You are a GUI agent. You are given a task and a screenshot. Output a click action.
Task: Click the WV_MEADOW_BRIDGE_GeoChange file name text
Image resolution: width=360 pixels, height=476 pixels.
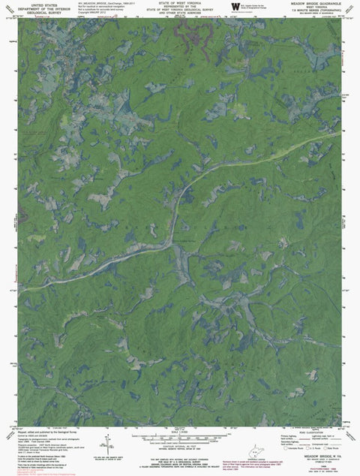105,3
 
